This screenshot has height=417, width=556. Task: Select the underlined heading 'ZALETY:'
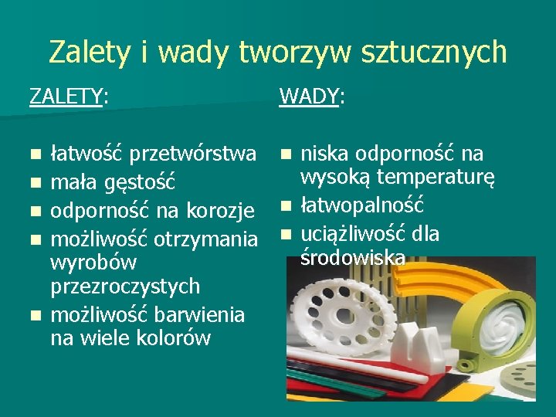(x=68, y=97)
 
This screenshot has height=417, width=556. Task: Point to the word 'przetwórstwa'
(x=192, y=154)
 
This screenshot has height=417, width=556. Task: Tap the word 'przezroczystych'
(x=125, y=286)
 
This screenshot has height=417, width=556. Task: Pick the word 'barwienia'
(x=199, y=315)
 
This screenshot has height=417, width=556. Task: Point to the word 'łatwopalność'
(x=362, y=205)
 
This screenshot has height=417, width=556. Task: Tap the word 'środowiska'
(x=352, y=257)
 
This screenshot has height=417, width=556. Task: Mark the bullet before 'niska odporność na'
(x=286, y=154)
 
